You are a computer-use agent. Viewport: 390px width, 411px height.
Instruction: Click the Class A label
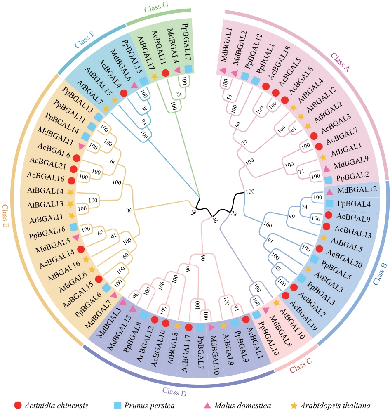coord(341,63)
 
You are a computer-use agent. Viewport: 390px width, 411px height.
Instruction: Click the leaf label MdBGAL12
coord(354,191)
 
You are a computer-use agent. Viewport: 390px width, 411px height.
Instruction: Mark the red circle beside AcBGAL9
coord(328,215)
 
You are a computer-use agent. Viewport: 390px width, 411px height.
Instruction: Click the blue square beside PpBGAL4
coord(329,203)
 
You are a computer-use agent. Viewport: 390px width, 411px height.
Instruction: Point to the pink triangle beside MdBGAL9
coord(327,169)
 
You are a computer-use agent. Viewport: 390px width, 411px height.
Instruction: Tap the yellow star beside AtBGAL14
coord(70,192)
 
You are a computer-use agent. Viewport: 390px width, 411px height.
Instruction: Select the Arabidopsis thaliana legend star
coord(294,406)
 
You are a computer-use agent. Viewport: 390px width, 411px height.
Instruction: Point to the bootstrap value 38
coord(234,214)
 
